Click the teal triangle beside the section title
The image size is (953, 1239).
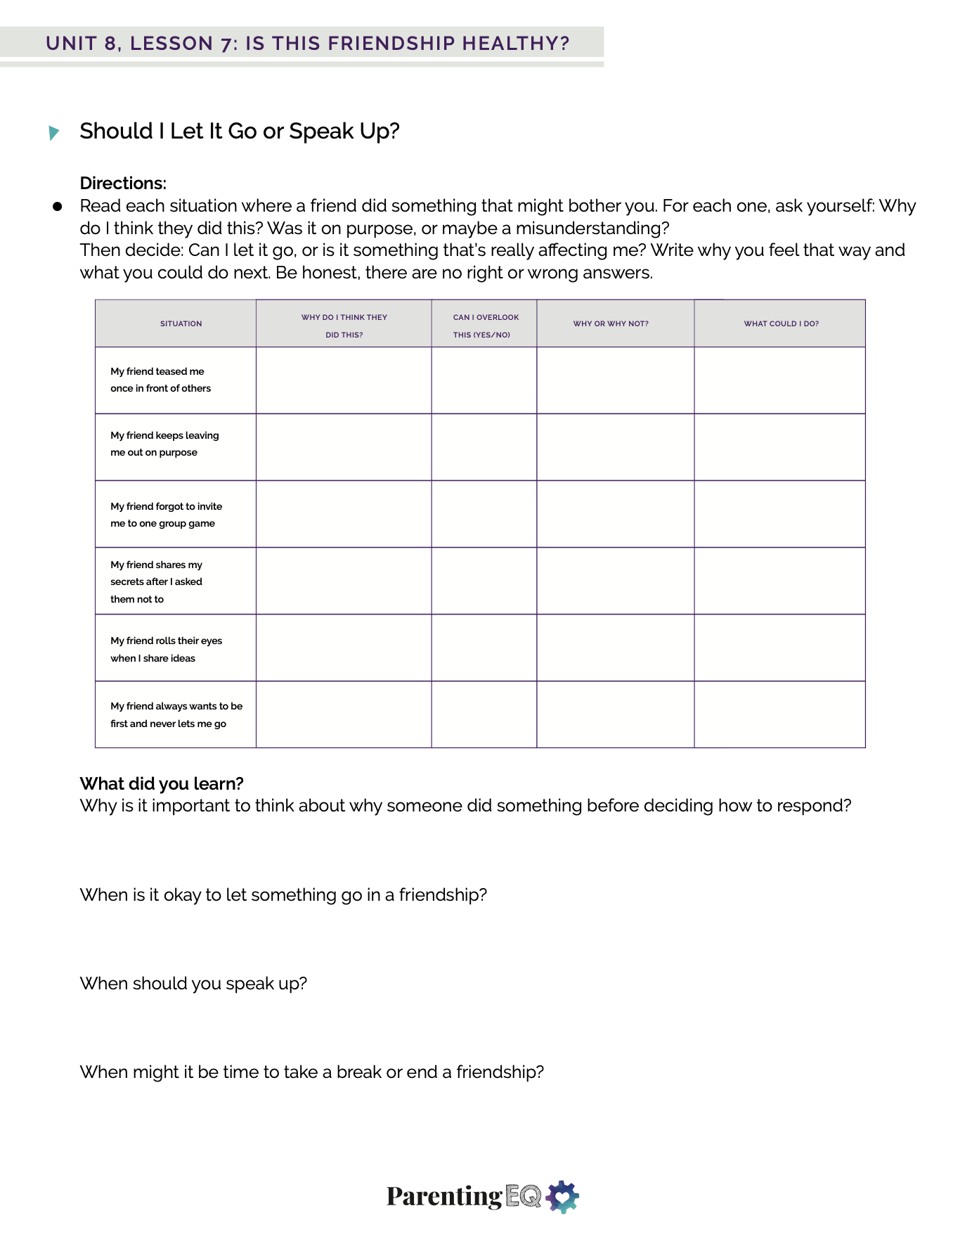(53, 132)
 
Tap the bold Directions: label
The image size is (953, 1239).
(123, 184)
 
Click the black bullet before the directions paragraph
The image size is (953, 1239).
(58, 207)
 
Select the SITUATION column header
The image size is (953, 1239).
(181, 324)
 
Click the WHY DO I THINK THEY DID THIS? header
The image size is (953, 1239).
(344, 326)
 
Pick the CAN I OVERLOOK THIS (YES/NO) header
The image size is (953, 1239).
(485, 326)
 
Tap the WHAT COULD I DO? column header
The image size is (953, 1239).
(781, 324)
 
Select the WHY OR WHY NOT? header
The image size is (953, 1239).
(610, 324)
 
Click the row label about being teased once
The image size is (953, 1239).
(160, 380)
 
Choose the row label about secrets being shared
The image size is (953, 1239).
(156, 582)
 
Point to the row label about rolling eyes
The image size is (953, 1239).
(166, 649)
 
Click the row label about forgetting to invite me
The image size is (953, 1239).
(166, 515)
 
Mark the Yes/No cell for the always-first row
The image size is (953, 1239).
(484, 714)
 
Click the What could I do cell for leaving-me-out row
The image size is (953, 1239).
(779, 447)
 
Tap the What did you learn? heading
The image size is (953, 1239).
(162, 783)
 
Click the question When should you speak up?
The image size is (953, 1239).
(193, 984)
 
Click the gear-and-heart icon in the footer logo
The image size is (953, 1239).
(562, 1197)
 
